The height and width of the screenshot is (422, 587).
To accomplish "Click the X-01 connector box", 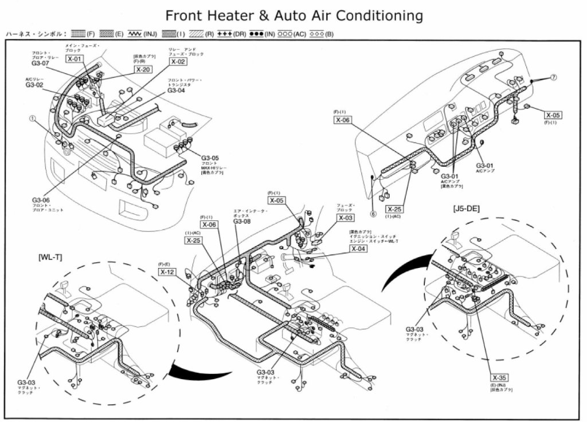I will point(75,58).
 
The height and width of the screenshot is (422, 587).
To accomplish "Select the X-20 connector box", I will point(143,69).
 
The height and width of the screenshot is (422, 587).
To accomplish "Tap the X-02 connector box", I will point(178,61).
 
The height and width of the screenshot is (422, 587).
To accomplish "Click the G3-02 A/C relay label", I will point(34,85).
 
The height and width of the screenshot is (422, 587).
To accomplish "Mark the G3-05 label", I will point(210,157).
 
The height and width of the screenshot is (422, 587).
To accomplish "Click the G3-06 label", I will point(41,200).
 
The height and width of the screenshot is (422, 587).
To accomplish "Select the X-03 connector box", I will point(346,218).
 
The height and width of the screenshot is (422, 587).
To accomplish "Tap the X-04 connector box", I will point(358,249).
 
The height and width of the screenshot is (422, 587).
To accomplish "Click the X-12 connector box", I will point(167,272).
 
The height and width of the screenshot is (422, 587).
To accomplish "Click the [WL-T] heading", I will point(50,257).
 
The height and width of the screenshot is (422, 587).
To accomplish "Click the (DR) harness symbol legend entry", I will point(232,34).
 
